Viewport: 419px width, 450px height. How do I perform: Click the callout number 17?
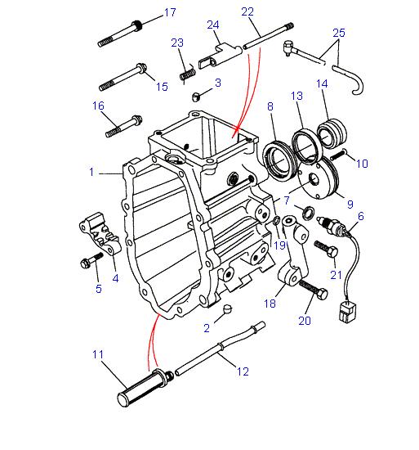(169, 12)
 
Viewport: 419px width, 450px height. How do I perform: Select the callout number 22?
(247, 11)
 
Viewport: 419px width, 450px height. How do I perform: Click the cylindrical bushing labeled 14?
(334, 133)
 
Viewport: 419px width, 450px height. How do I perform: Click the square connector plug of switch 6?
(344, 311)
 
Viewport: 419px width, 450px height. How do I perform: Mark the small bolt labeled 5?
(89, 262)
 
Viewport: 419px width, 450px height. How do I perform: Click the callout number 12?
(243, 372)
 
